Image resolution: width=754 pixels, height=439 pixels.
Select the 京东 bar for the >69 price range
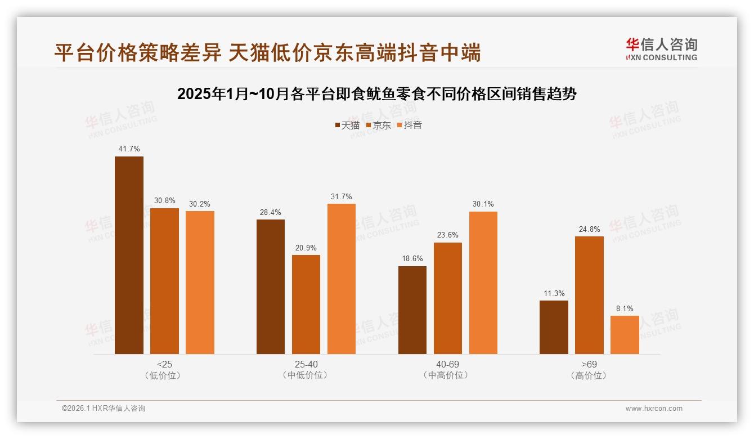coord(589,295)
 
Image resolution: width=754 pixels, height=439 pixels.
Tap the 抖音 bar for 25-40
coord(342,279)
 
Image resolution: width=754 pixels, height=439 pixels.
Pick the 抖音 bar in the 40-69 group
coord(483,283)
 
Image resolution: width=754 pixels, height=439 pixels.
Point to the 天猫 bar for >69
coord(554,327)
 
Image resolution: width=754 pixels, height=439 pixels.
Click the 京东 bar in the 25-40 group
coord(306,304)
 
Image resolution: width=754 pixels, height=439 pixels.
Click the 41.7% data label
coord(129,149)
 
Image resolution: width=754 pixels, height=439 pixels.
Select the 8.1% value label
coord(625,308)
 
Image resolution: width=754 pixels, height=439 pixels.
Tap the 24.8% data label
coord(589,229)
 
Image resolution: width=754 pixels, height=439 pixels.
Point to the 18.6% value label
coord(412,259)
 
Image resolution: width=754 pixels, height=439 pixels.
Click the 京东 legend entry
coord(378,125)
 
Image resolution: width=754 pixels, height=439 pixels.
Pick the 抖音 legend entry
coord(410,125)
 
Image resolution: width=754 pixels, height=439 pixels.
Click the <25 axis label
coord(165,364)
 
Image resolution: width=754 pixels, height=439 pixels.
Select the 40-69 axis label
coord(447,364)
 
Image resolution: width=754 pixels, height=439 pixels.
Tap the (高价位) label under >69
coord(589,375)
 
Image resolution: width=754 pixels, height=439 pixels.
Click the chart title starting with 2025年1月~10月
coord(377,94)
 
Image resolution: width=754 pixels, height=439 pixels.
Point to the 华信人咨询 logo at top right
coord(662,50)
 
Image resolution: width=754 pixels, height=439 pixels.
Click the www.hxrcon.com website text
coord(654,409)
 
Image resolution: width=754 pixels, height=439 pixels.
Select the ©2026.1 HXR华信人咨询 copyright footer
coord(104,409)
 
